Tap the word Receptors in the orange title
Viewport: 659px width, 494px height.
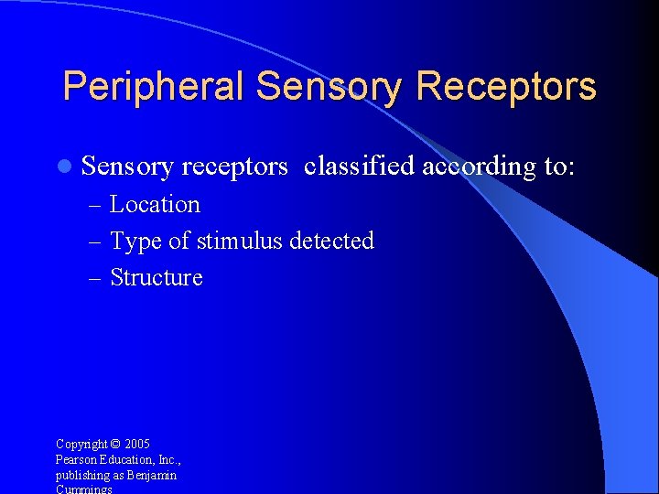506,87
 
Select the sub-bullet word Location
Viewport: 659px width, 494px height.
155,204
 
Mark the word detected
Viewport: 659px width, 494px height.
331,241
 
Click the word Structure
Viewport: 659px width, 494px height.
157,277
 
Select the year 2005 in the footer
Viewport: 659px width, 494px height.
137,445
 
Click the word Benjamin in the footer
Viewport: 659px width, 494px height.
153,476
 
